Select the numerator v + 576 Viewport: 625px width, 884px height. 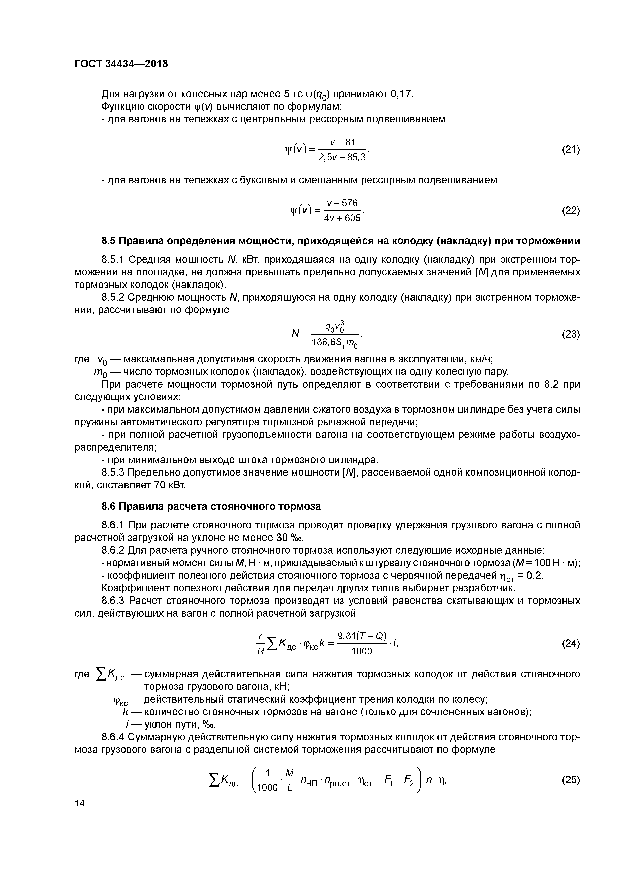[342, 203]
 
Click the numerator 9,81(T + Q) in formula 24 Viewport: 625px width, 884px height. [362, 636]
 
